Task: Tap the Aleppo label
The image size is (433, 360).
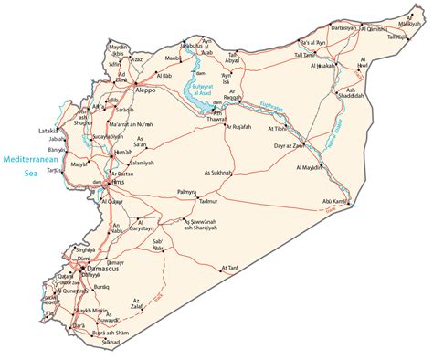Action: (144, 91)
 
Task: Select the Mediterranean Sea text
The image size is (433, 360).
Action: (26, 164)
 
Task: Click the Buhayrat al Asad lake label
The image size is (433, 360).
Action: (202, 88)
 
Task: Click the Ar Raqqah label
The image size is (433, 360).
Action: (233, 94)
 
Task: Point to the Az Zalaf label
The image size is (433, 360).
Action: (137, 303)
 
